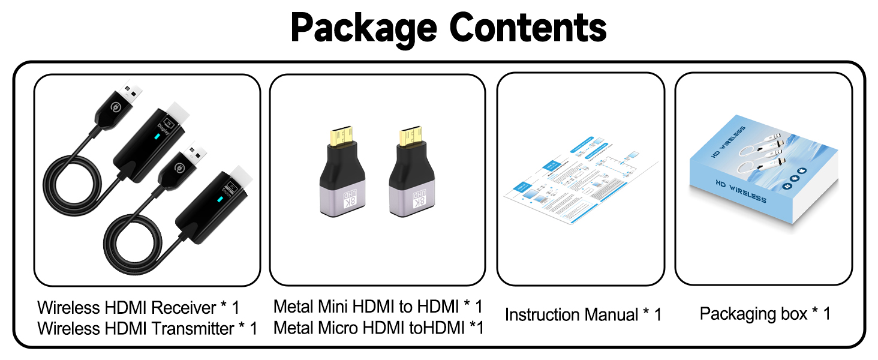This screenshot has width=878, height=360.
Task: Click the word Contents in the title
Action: point(528,27)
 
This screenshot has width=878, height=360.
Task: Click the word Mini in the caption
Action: point(332,307)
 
